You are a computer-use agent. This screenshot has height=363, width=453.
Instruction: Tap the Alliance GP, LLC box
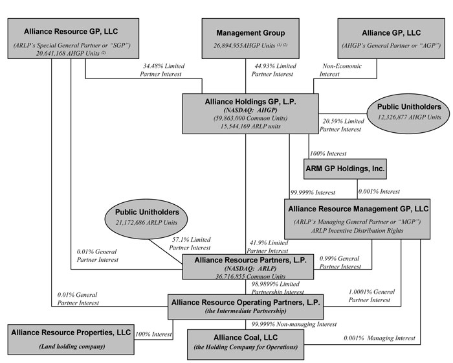coord(390,40)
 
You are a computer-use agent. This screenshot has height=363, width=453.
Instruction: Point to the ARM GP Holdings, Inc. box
coord(345,170)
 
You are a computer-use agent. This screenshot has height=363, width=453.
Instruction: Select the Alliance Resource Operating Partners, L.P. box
coord(249,306)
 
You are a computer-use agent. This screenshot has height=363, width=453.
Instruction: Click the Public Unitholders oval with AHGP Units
coord(409,111)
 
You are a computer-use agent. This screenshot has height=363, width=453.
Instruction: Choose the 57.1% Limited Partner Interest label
coord(190,244)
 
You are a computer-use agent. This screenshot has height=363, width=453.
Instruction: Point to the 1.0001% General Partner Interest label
coord(371,296)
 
